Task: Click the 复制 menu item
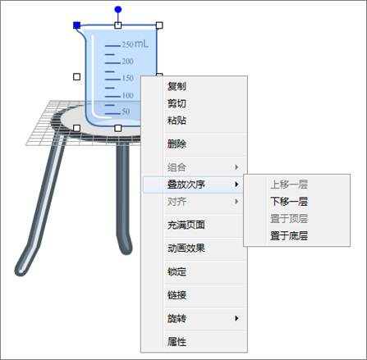(177, 86)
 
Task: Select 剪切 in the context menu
(177, 103)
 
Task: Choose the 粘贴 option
(177, 121)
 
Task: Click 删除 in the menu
(177, 144)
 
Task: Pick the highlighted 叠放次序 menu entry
(186, 185)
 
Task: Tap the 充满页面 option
(186, 225)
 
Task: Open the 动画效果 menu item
(186, 248)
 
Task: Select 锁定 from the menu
(177, 271)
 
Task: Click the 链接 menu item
(177, 295)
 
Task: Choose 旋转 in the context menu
(177, 318)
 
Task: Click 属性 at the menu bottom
(177, 342)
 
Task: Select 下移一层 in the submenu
(289, 202)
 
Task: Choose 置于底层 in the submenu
(289, 235)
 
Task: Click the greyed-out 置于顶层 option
(289, 219)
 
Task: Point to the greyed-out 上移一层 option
(289, 185)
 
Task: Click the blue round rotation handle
(118, 10)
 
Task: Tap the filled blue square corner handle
(77, 25)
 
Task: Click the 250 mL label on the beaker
(135, 43)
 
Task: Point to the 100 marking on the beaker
(128, 95)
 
